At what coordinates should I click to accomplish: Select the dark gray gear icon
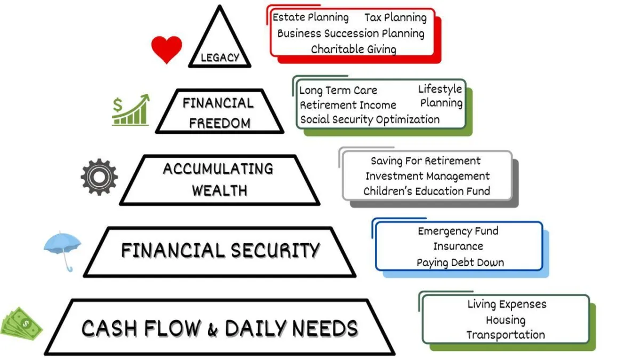99,177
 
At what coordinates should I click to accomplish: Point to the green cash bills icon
20,324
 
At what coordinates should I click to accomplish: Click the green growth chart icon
131,111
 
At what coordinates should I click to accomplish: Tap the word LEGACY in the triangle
220,58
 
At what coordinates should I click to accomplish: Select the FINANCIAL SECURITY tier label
220,250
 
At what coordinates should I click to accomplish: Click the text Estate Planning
310,18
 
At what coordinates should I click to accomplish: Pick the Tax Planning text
395,18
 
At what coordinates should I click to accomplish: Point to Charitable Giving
354,50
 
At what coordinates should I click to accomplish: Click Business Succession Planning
350,34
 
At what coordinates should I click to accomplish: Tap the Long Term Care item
338,91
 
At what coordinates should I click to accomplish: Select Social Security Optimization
370,119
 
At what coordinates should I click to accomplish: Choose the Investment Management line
427,176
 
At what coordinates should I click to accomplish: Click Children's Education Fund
427,191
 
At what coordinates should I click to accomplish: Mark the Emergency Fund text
458,231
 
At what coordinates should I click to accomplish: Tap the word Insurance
458,246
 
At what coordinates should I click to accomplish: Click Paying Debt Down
460,262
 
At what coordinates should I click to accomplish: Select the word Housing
506,320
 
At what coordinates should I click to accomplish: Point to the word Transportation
506,335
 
